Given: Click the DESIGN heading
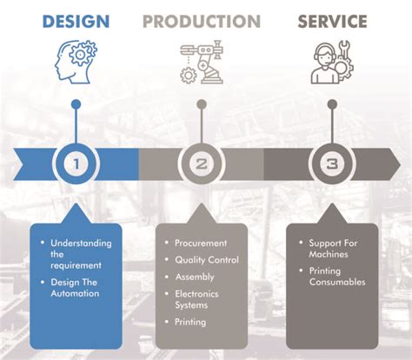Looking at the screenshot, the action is pos(76,22).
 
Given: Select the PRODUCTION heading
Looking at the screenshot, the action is pos(202,22).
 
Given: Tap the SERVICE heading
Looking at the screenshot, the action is pos(332,22).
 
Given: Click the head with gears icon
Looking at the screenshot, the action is pos(76,62).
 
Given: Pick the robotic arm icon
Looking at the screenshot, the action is pos(202,62).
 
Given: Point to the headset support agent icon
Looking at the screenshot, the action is pos(332,62).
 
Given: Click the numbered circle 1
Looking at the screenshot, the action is pos(76,163).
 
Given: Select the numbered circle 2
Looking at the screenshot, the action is pos(202,163).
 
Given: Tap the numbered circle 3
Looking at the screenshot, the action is pos(332,163).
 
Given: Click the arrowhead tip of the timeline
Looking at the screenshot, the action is pos(401,165).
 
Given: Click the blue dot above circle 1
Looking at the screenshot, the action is pos(76,104).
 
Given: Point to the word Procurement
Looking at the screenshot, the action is pos(201,243).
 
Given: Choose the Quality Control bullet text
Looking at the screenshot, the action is pos(207,260).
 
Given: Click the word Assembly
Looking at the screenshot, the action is pos(195,277).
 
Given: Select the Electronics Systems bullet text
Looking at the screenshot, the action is pos(196,299).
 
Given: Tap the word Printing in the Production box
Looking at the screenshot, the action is pos(190,322).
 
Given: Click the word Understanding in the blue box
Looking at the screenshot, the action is pos(81,243).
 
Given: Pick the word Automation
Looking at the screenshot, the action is pos(75,293).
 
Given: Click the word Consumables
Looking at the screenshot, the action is pos(337,282).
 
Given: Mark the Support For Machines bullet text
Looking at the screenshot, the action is pos(333,249).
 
